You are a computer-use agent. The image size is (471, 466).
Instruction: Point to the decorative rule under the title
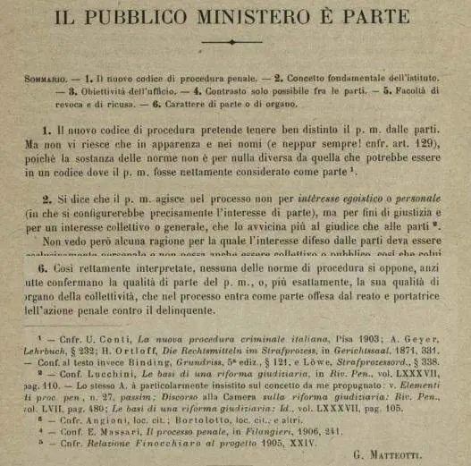[231, 41]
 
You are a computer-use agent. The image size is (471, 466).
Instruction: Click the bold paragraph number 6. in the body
[43, 267]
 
